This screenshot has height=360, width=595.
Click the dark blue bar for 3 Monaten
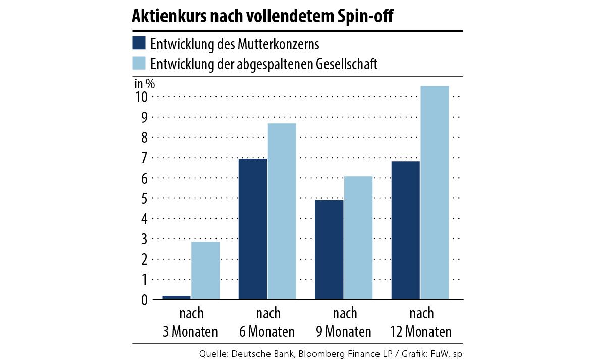click(x=176, y=297)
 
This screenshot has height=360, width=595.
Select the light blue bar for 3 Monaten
click(x=205, y=271)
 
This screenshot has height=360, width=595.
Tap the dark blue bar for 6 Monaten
click(x=252, y=229)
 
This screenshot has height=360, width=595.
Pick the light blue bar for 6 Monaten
click(x=282, y=211)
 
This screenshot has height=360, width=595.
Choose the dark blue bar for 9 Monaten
click(x=329, y=250)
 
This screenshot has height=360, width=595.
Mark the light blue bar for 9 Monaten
click(x=358, y=238)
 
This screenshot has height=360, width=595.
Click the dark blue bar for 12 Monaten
click(x=405, y=230)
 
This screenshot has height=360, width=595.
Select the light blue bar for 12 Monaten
click(x=435, y=192)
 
